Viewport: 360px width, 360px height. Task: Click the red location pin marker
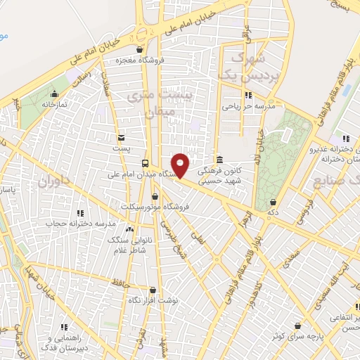(181, 165)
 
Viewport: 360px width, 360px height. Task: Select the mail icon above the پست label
(122, 138)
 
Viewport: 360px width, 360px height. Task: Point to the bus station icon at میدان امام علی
(146, 162)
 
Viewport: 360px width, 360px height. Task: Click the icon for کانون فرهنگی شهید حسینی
(220, 159)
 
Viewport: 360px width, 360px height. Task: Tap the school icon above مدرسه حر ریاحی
(247, 95)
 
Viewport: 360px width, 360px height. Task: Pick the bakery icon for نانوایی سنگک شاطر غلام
(129, 229)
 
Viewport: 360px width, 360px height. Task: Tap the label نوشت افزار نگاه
(153, 300)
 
